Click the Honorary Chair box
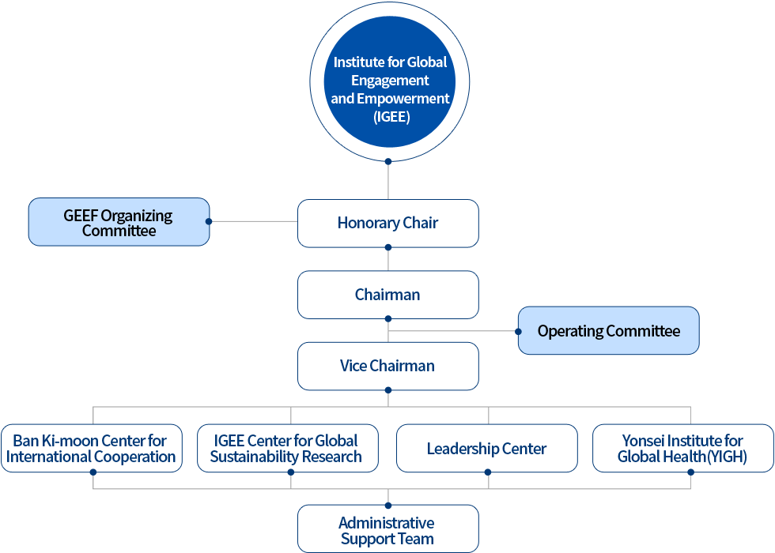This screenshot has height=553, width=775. pyautogui.click(x=387, y=224)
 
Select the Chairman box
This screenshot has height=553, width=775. pyautogui.click(x=387, y=295)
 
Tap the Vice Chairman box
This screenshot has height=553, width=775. pyautogui.click(x=387, y=366)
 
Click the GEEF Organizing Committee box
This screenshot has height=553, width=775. pyautogui.click(x=119, y=222)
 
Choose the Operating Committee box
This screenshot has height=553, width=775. pyautogui.click(x=609, y=331)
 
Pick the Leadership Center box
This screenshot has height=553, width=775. pyautogui.click(x=486, y=449)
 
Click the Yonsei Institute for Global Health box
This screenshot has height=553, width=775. pyautogui.click(x=682, y=449)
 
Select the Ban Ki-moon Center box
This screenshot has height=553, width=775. pyautogui.click(x=91, y=449)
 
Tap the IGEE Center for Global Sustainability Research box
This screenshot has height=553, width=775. pyautogui.click(x=286, y=449)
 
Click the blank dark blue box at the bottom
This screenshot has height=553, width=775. pyautogui.click(x=387, y=529)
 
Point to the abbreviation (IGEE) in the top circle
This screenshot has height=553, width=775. pyautogui.click(x=391, y=118)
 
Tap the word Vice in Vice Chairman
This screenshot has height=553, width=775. pyautogui.click(x=353, y=366)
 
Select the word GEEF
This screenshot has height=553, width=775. pyautogui.click(x=81, y=216)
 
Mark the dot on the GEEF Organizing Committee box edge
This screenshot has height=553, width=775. pyautogui.click(x=209, y=222)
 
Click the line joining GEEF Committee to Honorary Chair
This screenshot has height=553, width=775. pyautogui.click(x=253, y=221)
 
